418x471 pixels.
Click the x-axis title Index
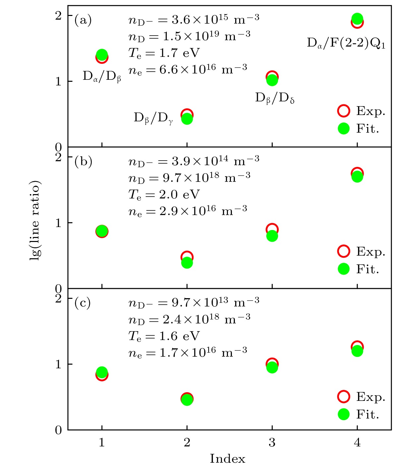click(x=227, y=459)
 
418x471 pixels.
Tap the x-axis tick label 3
click(x=272, y=442)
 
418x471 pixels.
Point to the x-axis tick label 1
click(x=102, y=442)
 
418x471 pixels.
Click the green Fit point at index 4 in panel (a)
click(x=357, y=19)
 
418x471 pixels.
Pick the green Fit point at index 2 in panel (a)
click(x=187, y=119)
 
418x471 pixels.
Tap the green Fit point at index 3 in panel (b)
click(x=272, y=236)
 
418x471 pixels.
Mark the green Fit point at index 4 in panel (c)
click(x=357, y=351)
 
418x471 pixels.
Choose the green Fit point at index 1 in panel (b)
click(x=102, y=231)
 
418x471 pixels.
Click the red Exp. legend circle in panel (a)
click(x=344, y=111)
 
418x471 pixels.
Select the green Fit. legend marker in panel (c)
click(x=344, y=414)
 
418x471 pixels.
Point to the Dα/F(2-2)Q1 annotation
click(x=346, y=43)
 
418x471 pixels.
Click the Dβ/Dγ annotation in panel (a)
click(x=153, y=118)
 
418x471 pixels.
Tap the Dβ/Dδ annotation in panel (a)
click(x=275, y=98)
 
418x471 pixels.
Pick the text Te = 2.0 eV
click(x=164, y=194)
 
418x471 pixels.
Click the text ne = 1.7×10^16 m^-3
click(x=188, y=352)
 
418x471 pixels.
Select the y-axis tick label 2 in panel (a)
click(x=58, y=16)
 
